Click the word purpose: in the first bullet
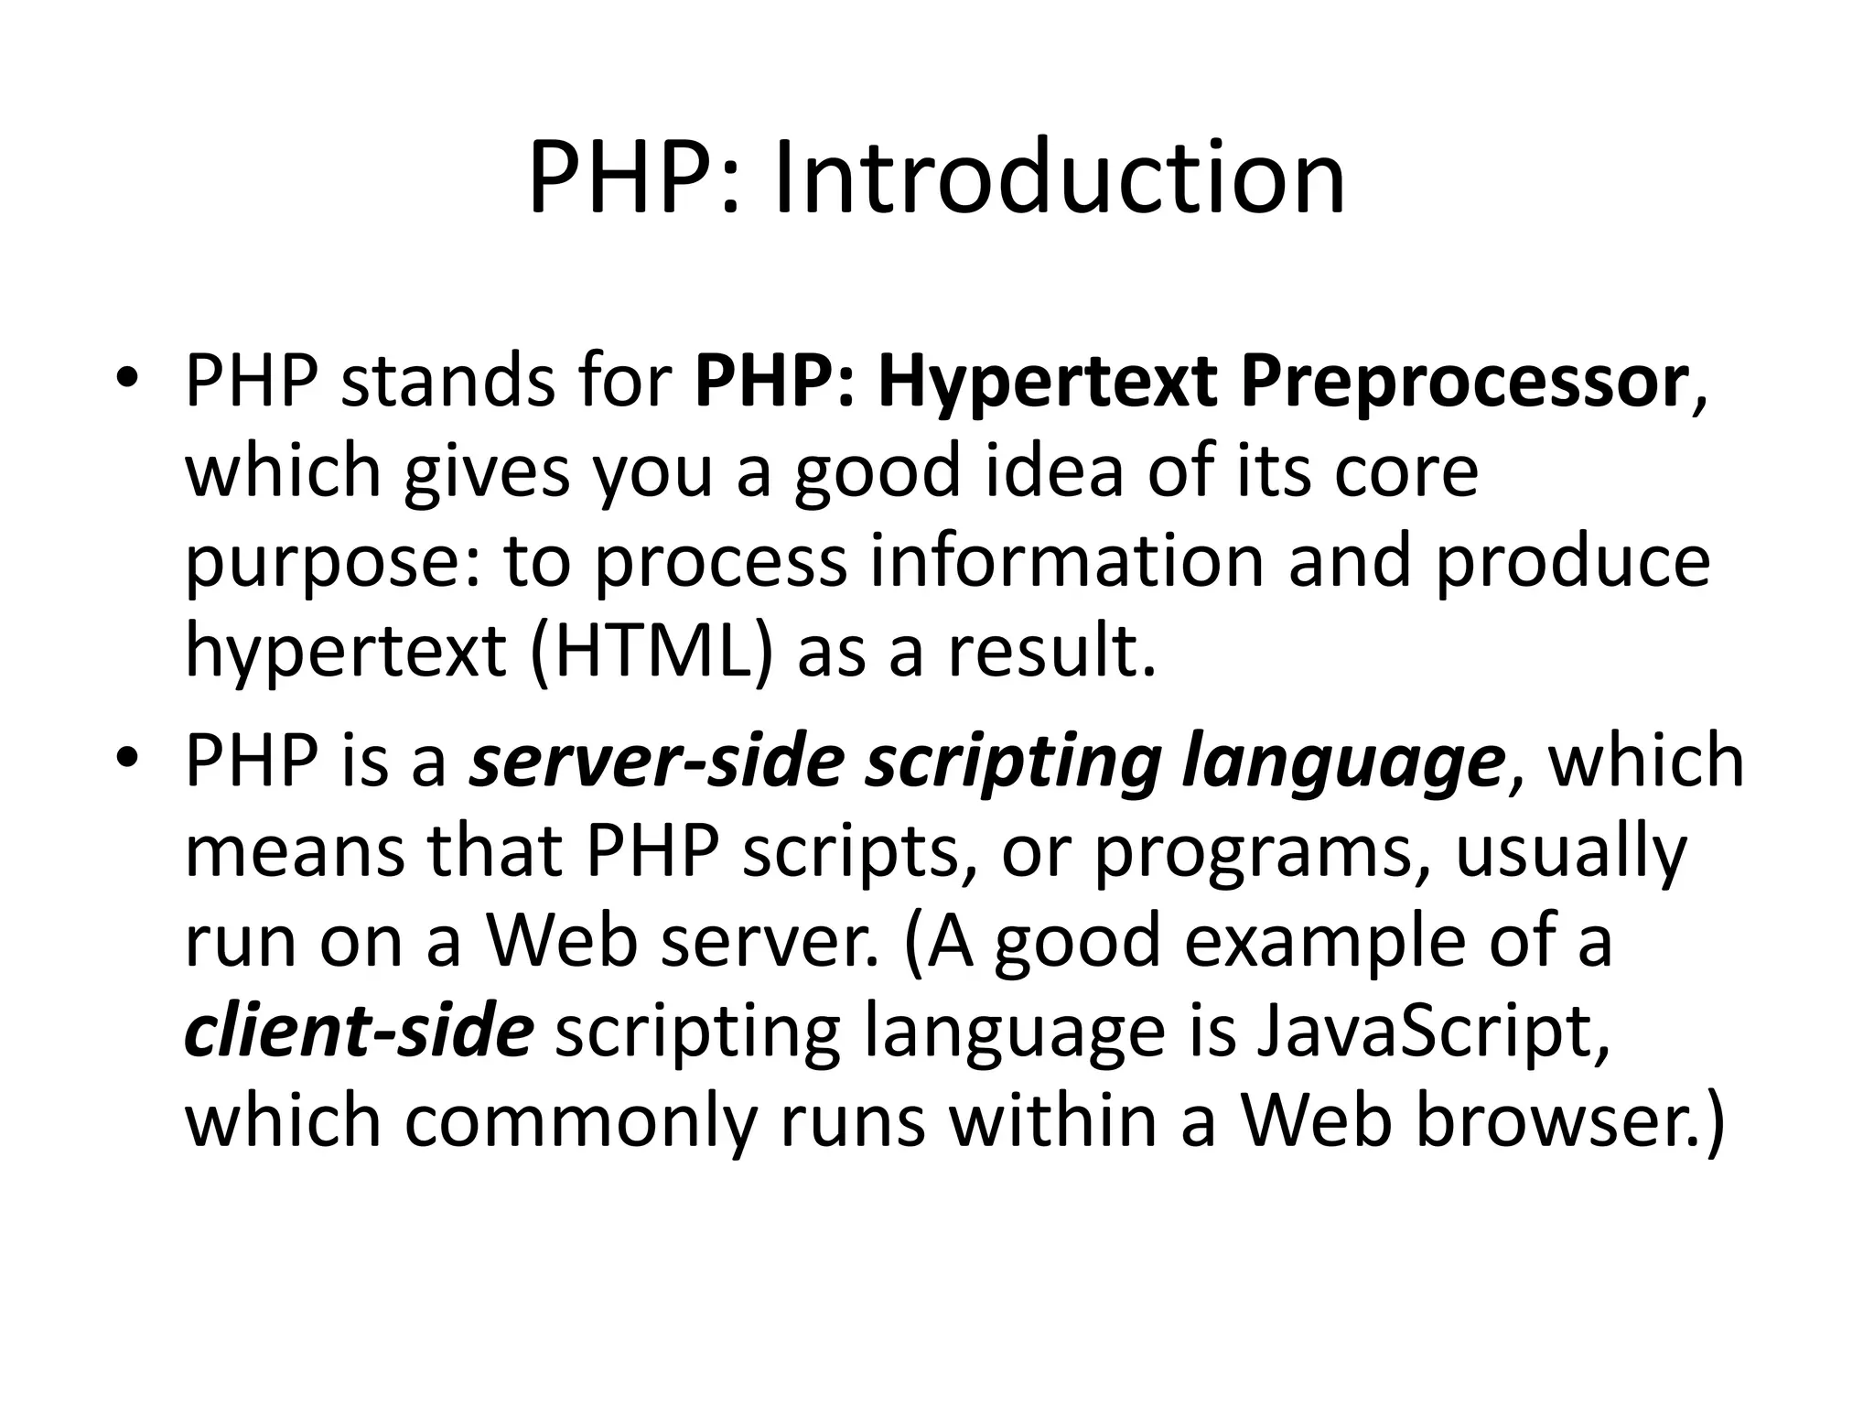click(x=333, y=562)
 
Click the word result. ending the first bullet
click(x=1052, y=652)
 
